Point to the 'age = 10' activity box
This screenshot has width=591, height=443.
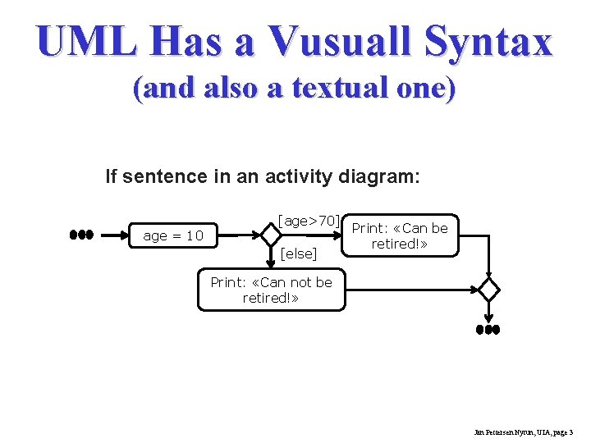[173, 236]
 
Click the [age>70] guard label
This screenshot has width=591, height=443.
[309, 221]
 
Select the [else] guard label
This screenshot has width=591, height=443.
[298, 253]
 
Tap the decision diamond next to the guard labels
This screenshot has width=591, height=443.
[271, 235]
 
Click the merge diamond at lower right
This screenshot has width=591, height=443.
[488, 290]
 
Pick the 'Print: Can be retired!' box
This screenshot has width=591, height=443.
[400, 235]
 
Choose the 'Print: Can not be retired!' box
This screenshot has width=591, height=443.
[271, 290]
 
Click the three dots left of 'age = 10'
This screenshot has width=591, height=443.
[81, 235]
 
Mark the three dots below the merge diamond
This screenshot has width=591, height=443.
[488, 329]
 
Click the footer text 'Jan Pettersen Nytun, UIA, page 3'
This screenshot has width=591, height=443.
[524, 431]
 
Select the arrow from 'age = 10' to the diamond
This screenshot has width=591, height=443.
[237, 235]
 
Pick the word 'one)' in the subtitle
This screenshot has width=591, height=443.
[428, 89]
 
